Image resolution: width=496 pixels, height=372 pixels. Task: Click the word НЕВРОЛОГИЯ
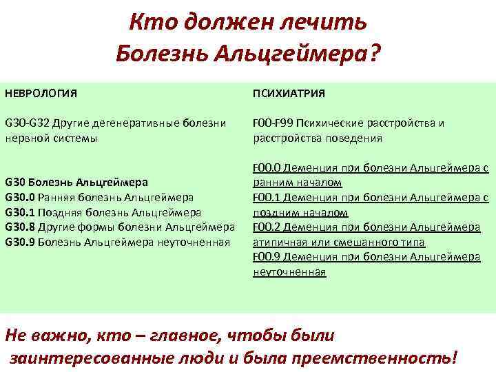(41, 92)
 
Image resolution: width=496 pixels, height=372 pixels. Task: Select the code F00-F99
(273, 123)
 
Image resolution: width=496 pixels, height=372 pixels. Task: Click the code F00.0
(267, 167)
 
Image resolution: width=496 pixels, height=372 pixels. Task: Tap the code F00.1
(267, 197)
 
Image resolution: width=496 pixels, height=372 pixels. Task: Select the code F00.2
(267, 227)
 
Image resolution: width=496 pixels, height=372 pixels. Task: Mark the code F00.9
(267, 257)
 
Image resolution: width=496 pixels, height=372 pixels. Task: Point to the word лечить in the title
(327, 22)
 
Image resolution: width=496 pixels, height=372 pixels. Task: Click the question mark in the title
(374, 52)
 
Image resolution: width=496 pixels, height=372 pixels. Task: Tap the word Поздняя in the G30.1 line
(62, 212)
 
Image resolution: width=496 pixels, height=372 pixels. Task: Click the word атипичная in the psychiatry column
(280, 242)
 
